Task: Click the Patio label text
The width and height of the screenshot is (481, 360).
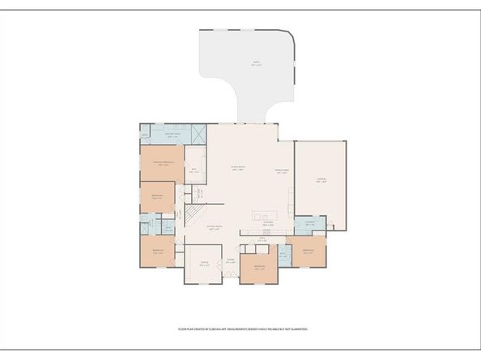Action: click(256, 63)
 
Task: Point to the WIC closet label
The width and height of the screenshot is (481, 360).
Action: click(194, 170)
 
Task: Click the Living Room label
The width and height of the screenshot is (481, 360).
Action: click(238, 168)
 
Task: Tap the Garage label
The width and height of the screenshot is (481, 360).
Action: click(321, 182)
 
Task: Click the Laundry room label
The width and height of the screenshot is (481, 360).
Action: click(309, 224)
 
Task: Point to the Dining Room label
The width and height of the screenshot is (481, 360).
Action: click(215, 229)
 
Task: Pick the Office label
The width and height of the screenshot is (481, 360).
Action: click(205, 264)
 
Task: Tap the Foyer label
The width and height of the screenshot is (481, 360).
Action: click(231, 260)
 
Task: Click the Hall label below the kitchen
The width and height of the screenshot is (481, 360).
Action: click(262, 239)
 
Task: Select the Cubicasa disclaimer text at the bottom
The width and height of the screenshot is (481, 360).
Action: click(243, 329)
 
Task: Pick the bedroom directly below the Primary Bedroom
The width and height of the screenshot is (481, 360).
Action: click(158, 195)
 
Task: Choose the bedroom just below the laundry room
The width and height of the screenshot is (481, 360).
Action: click(308, 252)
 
